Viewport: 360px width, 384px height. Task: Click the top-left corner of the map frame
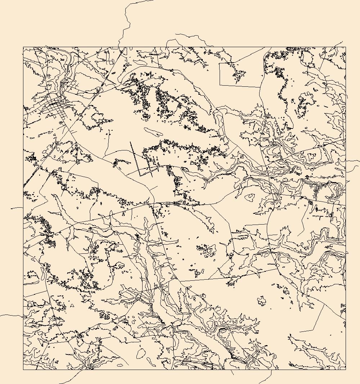coord(23,47)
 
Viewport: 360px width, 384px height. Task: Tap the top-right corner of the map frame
coord(346,47)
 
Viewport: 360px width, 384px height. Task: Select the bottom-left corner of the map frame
coord(23,370)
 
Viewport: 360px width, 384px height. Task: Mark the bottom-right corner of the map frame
coord(346,370)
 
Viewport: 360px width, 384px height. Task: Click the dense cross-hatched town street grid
coord(56,108)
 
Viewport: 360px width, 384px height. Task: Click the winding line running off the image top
coord(126,22)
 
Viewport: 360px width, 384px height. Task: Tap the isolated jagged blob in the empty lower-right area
coord(261,301)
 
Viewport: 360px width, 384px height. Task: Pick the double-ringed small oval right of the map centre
coord(249,197)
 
